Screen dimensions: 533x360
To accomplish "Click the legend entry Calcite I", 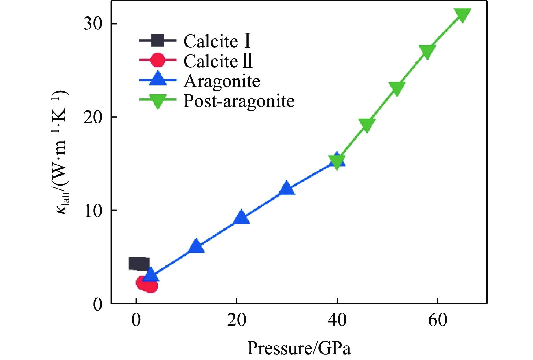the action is (217, 41).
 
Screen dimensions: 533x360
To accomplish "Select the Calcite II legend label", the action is (218, 61).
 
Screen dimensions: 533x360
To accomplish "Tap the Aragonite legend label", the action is (222, 81).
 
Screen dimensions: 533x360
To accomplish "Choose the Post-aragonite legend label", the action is (239, 101).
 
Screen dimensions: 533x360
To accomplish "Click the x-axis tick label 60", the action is (438, 321).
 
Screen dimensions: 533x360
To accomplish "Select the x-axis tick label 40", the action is (337, 321).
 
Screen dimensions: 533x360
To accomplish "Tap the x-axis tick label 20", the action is (237, 321).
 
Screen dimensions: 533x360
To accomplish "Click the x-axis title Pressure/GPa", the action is (299, 348).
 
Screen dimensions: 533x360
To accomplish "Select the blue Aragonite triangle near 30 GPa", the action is (287, 188).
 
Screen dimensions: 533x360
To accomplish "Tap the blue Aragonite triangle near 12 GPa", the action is (196, 246).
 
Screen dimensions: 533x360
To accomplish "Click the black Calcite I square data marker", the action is (139, 264).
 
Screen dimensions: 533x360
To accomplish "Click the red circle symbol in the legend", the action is (158, 61).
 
